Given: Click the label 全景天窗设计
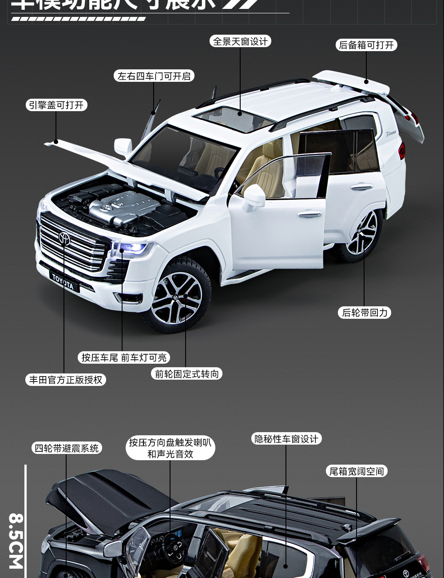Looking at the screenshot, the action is click(240, 41).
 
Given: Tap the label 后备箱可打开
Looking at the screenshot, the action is click(366, 45).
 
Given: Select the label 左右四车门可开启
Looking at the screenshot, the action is click(154, 76).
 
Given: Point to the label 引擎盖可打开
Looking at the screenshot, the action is click(56, 105).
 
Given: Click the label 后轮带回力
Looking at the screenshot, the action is click(365, 313).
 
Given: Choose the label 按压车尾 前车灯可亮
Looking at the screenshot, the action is click(124, 357).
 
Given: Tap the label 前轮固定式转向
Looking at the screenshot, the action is click(186, 374).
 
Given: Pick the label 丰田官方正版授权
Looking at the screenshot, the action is click(66, 380).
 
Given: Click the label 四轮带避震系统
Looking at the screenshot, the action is click(67, 448).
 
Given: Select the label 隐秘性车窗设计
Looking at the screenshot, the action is click(286, 439).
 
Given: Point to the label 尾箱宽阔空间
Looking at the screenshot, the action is click(356, 471).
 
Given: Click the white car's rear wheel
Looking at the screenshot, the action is click(362, 234).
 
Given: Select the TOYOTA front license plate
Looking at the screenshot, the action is click(63, 281).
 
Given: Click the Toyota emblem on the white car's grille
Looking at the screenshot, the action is click(64, 238).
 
